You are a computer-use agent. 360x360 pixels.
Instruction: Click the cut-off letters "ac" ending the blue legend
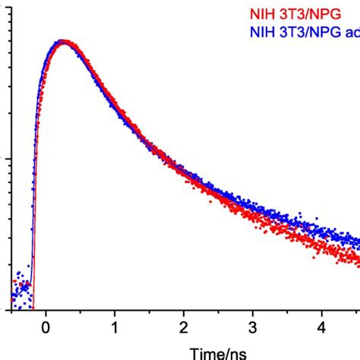(x=351, y=32)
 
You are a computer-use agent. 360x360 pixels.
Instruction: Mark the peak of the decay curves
(x=64, y=43)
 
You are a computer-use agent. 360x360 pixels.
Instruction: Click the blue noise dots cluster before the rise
(x=23, y=289)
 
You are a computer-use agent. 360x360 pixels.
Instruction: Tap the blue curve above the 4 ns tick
(x=322, y=228)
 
